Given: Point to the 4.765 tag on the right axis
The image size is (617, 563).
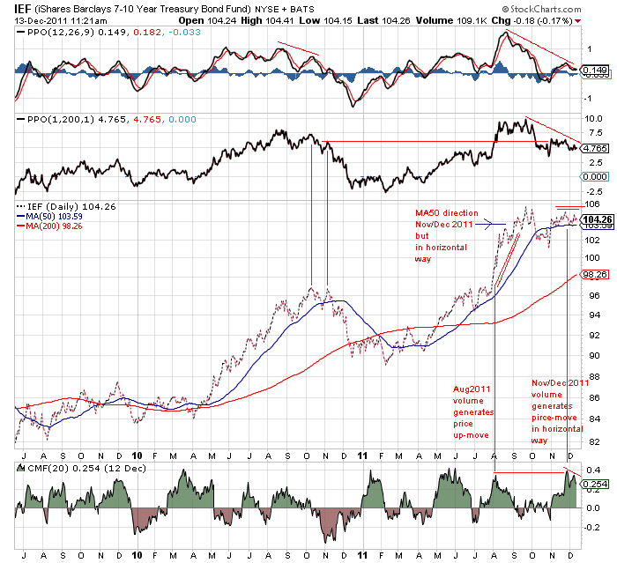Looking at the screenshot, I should [597, 148].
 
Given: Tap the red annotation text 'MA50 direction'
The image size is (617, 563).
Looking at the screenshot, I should [449, 213].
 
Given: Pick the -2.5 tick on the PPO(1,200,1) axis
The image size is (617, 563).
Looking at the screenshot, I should [594, 191].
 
